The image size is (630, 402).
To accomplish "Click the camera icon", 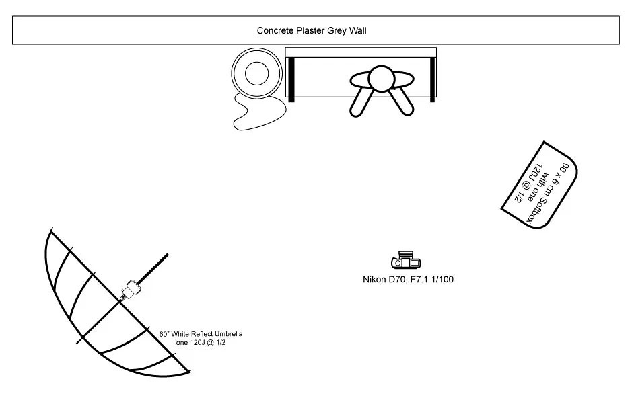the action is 406,260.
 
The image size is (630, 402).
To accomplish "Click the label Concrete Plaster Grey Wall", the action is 312,30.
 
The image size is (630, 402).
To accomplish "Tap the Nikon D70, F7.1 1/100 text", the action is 408,279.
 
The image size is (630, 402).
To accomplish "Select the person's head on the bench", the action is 381,79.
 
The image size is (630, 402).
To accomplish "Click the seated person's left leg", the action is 361,102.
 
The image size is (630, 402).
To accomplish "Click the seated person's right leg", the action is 401,102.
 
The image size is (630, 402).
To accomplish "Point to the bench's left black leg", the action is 291,79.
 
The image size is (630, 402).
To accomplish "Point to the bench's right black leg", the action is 432,79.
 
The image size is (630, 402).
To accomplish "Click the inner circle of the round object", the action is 256,73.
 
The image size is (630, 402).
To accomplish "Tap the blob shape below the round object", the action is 259,112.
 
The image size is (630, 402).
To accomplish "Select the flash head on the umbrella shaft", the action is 131,289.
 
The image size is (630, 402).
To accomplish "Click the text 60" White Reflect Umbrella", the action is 201,334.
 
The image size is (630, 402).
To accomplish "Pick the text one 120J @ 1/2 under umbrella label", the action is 201,343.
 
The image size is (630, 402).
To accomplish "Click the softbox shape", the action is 540,185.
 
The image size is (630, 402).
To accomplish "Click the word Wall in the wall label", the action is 357,30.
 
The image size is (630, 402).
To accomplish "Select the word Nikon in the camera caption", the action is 374,279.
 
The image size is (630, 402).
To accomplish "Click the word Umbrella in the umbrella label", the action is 228,334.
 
